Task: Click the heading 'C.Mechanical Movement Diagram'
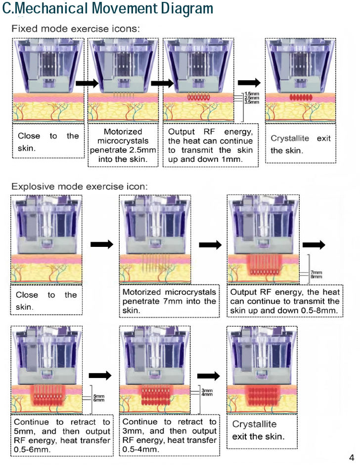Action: [108, 8]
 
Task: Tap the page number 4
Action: [352, 458]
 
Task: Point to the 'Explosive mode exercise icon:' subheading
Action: [79, 187]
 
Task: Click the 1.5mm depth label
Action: [252, 94]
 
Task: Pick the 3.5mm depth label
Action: [252, 102]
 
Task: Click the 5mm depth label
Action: [99, 396]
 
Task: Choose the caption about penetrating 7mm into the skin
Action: [169, 301]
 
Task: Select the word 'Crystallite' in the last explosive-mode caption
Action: [255, 425]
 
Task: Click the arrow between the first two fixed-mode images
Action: [87, 83]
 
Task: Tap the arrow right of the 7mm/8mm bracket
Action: [314, 244]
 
